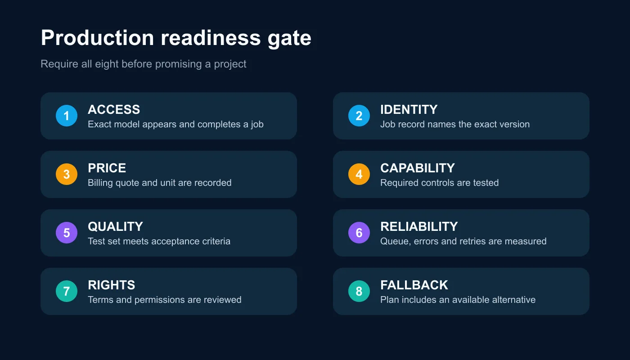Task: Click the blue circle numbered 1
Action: (67, 116)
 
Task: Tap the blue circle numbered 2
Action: (359, 116)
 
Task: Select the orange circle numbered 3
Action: (67, 174)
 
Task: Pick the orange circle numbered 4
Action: (359, 174)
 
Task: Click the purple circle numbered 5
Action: (67, 233)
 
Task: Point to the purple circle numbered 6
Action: (359, 233)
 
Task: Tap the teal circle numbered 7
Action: (67, 291)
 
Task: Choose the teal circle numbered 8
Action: (359, 291)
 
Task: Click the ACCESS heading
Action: (114, 110)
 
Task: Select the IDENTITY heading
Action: (409, 110)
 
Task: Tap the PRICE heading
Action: (107, 168)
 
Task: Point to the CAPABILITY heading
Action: (418, 168)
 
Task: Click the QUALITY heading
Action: (116, 227)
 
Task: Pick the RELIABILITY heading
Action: (419, 227)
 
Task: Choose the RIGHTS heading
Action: (112, 285)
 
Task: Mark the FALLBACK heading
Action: (414, 285)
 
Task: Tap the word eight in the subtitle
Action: (107, 64)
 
